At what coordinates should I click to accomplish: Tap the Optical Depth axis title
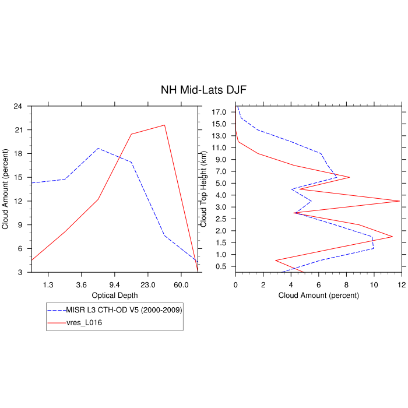click(115, 295)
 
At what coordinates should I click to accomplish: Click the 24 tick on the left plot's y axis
click(18, 106)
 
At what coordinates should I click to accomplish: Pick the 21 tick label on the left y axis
click(18, 130)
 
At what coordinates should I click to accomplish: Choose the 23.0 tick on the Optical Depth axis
click(148, 284)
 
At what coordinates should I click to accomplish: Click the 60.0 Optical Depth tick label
click(181, 284)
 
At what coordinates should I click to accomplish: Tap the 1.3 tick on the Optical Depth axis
click(48, 284)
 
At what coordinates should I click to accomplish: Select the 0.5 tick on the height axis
click(221, 266)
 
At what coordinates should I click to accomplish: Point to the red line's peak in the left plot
click(164, 125)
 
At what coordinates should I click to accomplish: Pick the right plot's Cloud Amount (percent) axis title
click(318, 295)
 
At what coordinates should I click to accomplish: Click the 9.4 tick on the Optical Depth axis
click(115, 284)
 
